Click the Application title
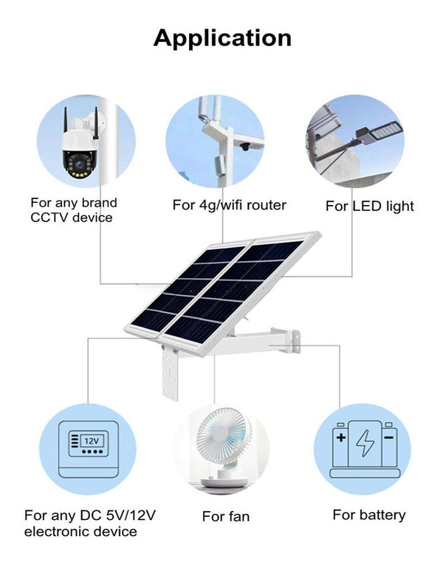[x=221, y=38]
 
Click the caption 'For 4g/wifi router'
[x=229, y=204]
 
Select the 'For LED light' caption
[x=370, y=206]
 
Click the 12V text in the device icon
[x=92, y=440]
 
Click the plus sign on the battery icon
[x=341, y=437]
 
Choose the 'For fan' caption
[x=226, y=516]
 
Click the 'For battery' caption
[x=369, y=514]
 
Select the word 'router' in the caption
[x=267, y=204]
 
